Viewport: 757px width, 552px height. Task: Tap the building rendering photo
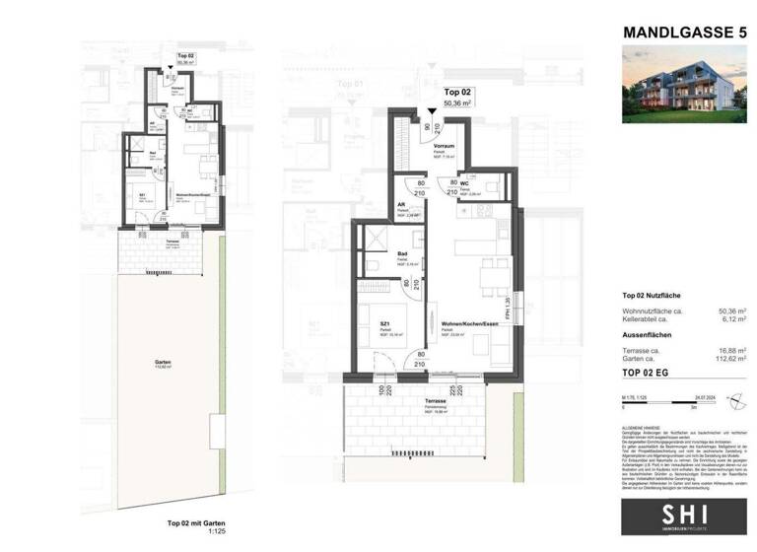683,88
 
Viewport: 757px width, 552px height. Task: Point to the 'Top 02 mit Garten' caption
192,523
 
